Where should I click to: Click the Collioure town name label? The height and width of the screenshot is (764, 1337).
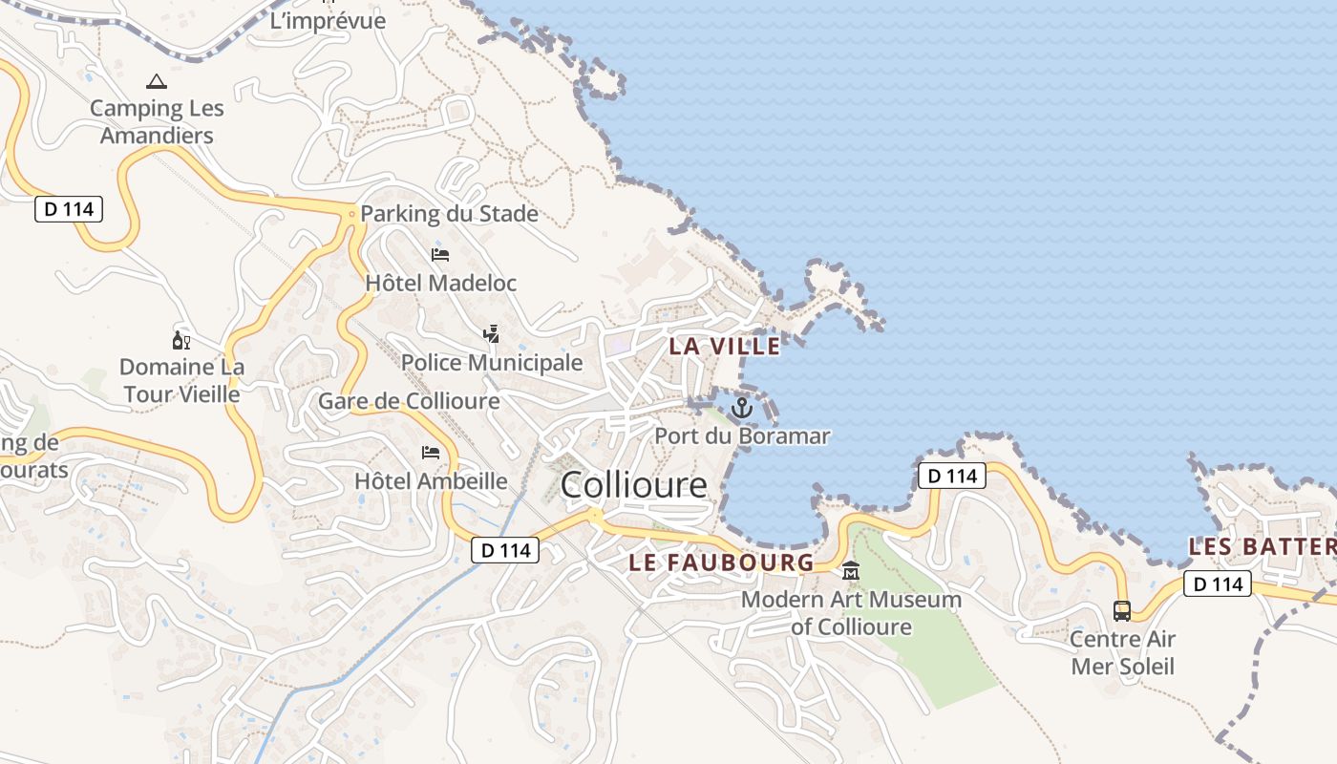coord(634,485)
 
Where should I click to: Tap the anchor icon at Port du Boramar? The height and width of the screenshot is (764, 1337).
coord(742,409)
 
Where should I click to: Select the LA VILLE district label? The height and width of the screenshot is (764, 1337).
coord(724,346)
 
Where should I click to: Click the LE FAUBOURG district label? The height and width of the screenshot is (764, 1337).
coord(721,562)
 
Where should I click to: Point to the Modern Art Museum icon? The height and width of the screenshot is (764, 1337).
coord(851,571)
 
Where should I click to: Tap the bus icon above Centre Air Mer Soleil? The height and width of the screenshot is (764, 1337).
coord(1122,610)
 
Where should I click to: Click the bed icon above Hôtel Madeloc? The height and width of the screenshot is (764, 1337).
coord(440,255)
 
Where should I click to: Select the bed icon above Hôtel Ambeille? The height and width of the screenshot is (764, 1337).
coord(431,452)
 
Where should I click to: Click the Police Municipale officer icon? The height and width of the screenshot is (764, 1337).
coord(491,334)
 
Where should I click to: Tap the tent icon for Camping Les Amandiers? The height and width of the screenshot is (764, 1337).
coord(157,82)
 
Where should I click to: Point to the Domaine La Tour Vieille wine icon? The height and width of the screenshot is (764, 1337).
coord(180,340)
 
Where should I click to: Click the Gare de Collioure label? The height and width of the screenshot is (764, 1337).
coord(409,401)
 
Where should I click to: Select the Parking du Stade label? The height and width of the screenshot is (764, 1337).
coord(449,214)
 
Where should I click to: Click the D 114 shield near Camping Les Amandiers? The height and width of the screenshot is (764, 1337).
coord(69,208)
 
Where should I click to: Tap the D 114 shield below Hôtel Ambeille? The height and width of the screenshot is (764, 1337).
coord(505,550)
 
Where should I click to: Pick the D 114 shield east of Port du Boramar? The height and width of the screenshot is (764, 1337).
coord(952,476)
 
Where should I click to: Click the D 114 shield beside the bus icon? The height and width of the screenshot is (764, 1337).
coord(1217,584)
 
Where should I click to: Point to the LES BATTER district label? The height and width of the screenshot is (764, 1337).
coord(1262,547)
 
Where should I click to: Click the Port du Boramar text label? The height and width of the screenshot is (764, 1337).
coord(742,436)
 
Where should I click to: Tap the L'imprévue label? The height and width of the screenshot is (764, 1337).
coord(328,21)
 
